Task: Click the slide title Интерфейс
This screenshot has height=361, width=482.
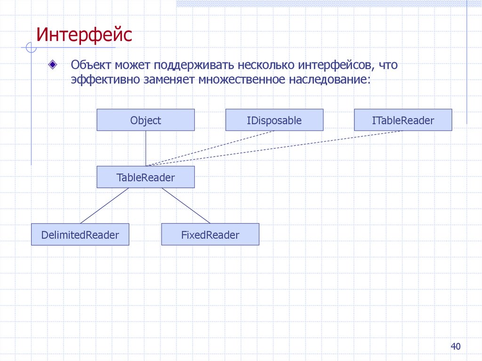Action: pyautogui.click(x=85, y=35)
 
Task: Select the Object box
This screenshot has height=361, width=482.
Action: pyautogui.click(x=145, y=120)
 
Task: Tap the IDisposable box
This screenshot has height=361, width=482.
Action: pyautogui.click(x=274, y=120)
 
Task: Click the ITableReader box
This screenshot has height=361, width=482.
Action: pyautogui.click(x=402, y=120)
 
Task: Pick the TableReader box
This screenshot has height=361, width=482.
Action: pyautogui.click(x=145, y=177)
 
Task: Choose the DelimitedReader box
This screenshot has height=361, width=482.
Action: pyautogui.click(x=80, y=234)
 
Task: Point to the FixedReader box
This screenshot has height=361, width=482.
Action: pyautogui.click(x=210, y=234)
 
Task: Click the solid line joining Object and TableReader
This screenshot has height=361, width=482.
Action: pyautogui.click(x=145, y=148)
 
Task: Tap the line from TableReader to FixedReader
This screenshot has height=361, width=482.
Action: pyautogui.click(x=185, y=206)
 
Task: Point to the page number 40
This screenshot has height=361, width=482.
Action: pyautogui.click(x=455, y=347)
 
